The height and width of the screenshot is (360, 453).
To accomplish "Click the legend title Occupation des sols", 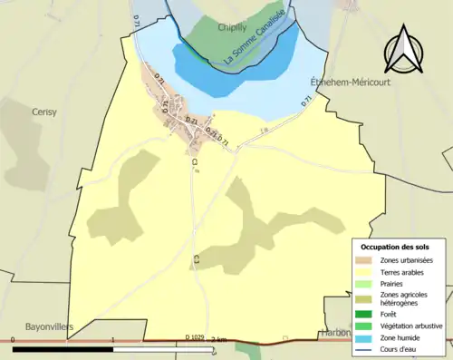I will click(397, 247).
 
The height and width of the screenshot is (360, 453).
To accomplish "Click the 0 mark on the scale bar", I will click(13, 338).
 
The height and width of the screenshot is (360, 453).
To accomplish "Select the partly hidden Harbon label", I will click(335, 333).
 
